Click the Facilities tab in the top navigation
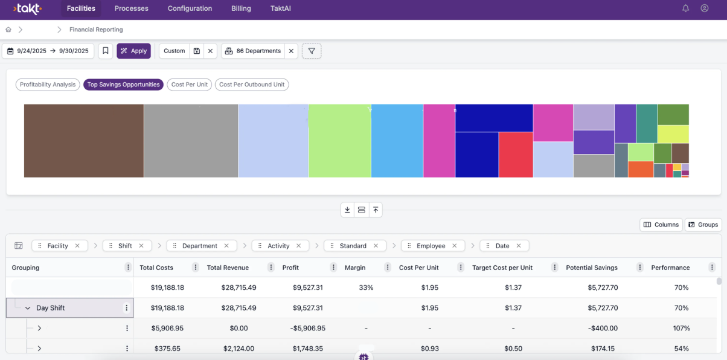[x=81, y=8]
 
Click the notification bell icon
[x=685, y=8]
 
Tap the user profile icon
[x=704, y=8]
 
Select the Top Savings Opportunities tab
[x=123, y=85]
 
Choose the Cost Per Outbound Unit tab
[x=252, y=85]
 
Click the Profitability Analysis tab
[x=48, y=85]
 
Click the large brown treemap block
[x=84, y=141]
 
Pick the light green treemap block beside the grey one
[x=339, y=141]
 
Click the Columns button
[x=661, y=225]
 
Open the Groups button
[x=703, y=225]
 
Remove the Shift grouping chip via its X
[x=141, y=246]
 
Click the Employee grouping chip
[x=431, y=246]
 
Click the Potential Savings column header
[x=591, y=268]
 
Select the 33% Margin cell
[x=367, y=288]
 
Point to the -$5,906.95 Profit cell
[x=307, y=329]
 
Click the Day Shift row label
[x=50, y=308]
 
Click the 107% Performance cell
[x=681, y=329]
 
